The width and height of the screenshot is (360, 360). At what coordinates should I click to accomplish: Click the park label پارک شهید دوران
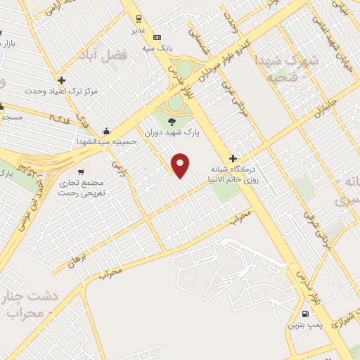tap(174, 132)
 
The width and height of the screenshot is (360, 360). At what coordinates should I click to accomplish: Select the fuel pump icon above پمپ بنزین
tap(304, 314)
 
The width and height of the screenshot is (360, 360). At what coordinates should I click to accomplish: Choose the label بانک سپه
tap(159, 48)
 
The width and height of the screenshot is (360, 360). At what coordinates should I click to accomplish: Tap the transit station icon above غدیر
tap(139, 20)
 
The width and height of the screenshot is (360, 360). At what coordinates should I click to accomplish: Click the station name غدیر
tap(139, 30)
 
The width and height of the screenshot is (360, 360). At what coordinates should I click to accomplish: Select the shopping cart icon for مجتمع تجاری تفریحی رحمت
tap(82, 172)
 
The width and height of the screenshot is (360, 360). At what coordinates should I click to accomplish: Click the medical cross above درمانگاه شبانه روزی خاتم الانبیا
tap(233, 158)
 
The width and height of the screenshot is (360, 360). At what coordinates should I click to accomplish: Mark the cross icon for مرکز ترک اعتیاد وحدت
tap(62, 81)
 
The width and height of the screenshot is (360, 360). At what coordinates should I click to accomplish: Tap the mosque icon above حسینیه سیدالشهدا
tap(105, 131)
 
